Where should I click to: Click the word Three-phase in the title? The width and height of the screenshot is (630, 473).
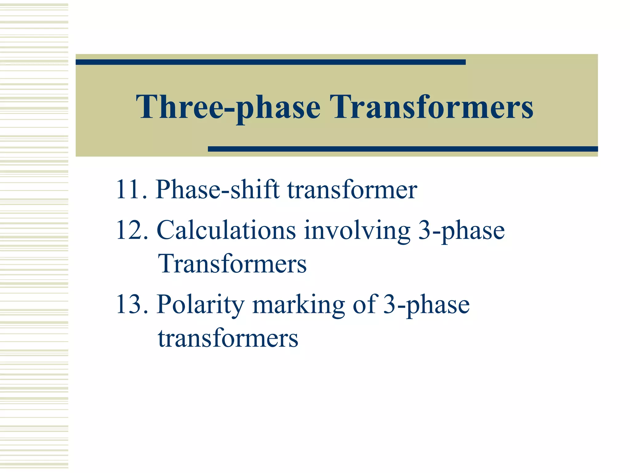(x=228, y=107)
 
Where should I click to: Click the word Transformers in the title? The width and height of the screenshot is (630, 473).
(x=431, y=107)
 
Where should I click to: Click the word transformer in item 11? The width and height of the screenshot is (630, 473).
(x=352, y=189)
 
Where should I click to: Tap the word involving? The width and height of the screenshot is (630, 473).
(x=357, y=231)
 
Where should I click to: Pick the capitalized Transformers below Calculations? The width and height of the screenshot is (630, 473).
(x=232, y=264)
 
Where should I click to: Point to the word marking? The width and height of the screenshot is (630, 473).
(x=298, y=305)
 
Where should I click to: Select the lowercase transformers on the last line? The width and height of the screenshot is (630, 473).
(x=228, y=338)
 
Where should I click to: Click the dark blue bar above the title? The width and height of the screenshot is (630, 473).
(x=270, y=62)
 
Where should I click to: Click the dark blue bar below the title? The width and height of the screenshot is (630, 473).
(x=403, y=149)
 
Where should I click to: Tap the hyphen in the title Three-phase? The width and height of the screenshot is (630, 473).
(x=229, y=108)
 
